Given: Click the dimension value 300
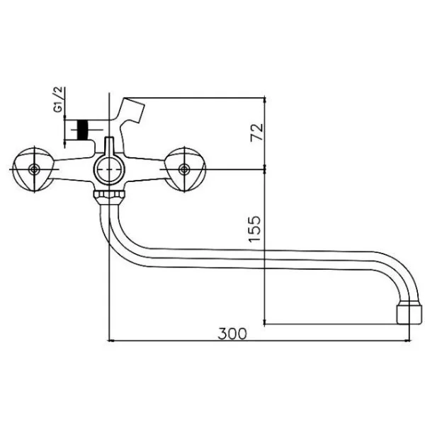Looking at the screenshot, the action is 232,334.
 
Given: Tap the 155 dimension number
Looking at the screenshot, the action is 254,229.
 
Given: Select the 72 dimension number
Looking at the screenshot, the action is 257,132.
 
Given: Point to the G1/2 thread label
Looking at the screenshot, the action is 59,99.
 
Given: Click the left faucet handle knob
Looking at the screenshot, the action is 33,169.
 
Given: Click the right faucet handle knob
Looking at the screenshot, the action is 185,169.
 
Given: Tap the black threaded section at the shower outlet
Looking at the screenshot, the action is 83,130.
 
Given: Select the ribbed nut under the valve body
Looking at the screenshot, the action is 109,194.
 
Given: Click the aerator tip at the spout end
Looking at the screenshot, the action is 409,314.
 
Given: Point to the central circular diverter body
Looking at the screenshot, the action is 109,169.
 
